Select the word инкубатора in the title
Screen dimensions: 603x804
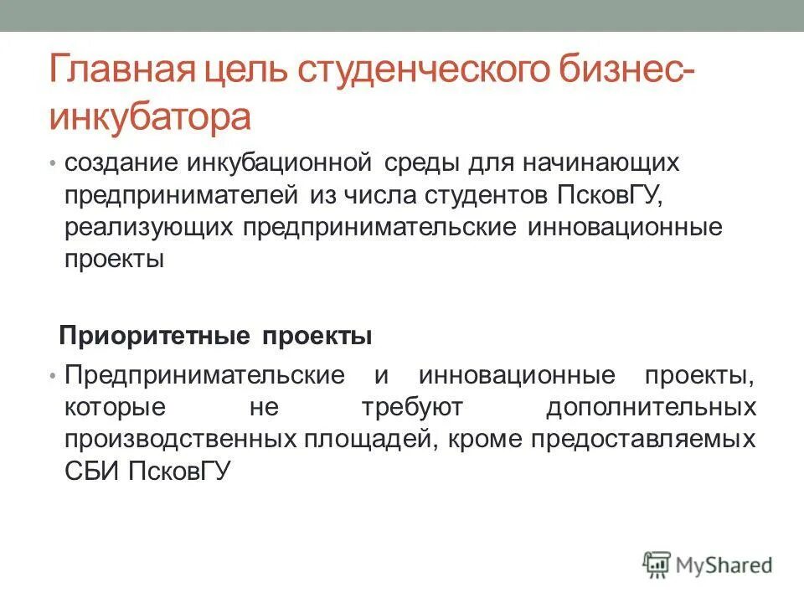[150, 117]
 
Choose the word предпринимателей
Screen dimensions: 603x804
[181, 195]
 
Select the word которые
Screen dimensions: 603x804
[113, 408]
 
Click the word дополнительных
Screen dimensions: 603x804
[652, 408]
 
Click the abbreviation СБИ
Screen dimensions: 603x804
[93, 472]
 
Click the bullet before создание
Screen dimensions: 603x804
[53, 162]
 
